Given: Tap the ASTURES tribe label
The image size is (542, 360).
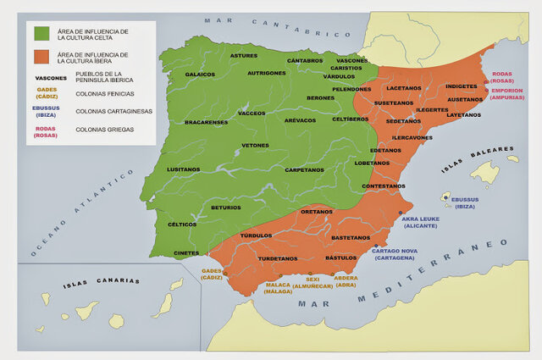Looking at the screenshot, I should pos(243,55).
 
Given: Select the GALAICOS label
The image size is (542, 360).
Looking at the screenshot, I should pos(200,74).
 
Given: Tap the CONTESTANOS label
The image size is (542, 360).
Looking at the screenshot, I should pos(384,186).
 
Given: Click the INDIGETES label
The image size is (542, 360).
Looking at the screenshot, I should pos(461,86).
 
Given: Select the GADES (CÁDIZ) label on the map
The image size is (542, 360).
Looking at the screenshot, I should pos(212,274).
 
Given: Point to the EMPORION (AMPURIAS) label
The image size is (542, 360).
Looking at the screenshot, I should pos(508,93).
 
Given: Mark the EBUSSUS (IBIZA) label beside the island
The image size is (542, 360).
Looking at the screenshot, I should pos(465,202).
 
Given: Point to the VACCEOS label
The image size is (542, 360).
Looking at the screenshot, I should pos(252,113).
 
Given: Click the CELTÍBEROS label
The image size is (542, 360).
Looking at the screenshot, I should pos(350,119).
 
